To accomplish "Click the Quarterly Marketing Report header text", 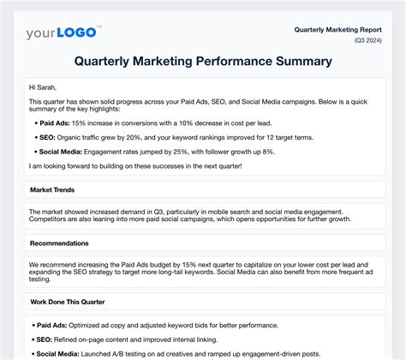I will [339, 28].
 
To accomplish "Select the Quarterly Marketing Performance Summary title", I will [203, 62].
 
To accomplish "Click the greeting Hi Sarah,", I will [43, 87].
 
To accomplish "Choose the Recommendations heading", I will [60, 243].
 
